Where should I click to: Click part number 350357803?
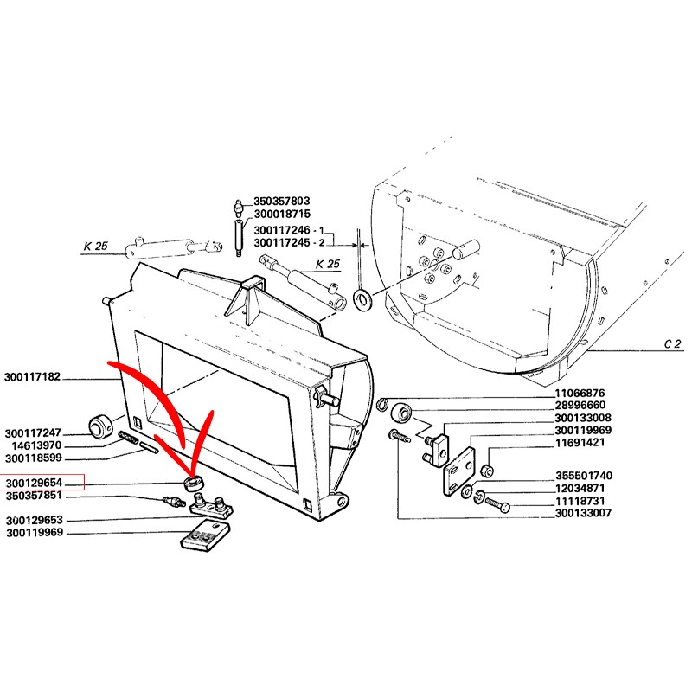coord(281,202)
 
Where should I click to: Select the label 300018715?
coord(281,214)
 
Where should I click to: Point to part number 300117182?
coord(34,378)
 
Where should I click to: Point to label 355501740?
coord(585,476)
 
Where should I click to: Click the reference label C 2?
coord(673,344)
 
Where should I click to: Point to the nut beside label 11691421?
coord(486,471)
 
